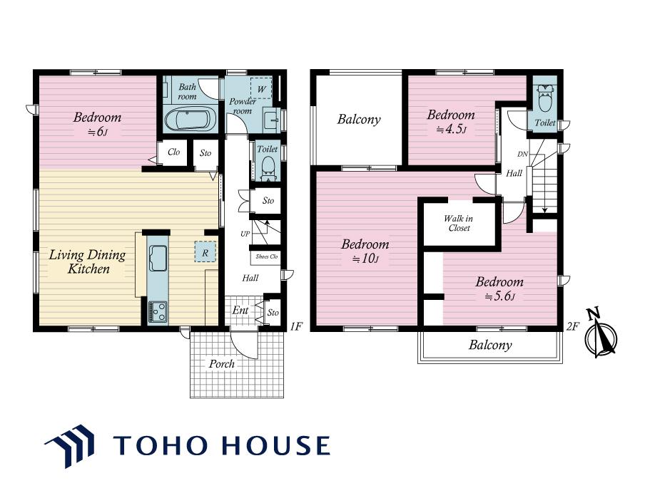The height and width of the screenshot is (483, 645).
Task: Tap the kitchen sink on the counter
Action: pos(158,259)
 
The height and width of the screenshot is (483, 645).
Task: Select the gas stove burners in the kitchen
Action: pos(158,312)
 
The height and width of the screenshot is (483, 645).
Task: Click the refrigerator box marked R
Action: pos(205,251)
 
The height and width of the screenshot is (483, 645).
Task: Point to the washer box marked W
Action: pos(262,88)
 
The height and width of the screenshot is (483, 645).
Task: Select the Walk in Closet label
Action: pos(459,223)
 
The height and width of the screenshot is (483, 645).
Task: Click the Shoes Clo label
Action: pos(267,256)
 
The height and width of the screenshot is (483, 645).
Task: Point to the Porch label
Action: pos(222,363)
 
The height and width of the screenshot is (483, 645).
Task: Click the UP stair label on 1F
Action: pos(245,234)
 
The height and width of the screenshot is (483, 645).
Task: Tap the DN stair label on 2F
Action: pos(522,155)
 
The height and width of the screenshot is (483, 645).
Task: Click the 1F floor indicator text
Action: pos(296,326)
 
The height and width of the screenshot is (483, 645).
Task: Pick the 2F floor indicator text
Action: pos(573,326)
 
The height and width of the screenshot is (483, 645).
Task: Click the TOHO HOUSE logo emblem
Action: pos(70,446)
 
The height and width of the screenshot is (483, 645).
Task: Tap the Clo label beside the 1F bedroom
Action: pos(173,152)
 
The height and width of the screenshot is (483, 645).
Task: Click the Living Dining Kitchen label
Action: pos(88,261)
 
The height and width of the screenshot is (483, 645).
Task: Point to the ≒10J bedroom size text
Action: pos(365,259)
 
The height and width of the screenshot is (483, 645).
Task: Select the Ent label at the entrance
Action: pos(240,310)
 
